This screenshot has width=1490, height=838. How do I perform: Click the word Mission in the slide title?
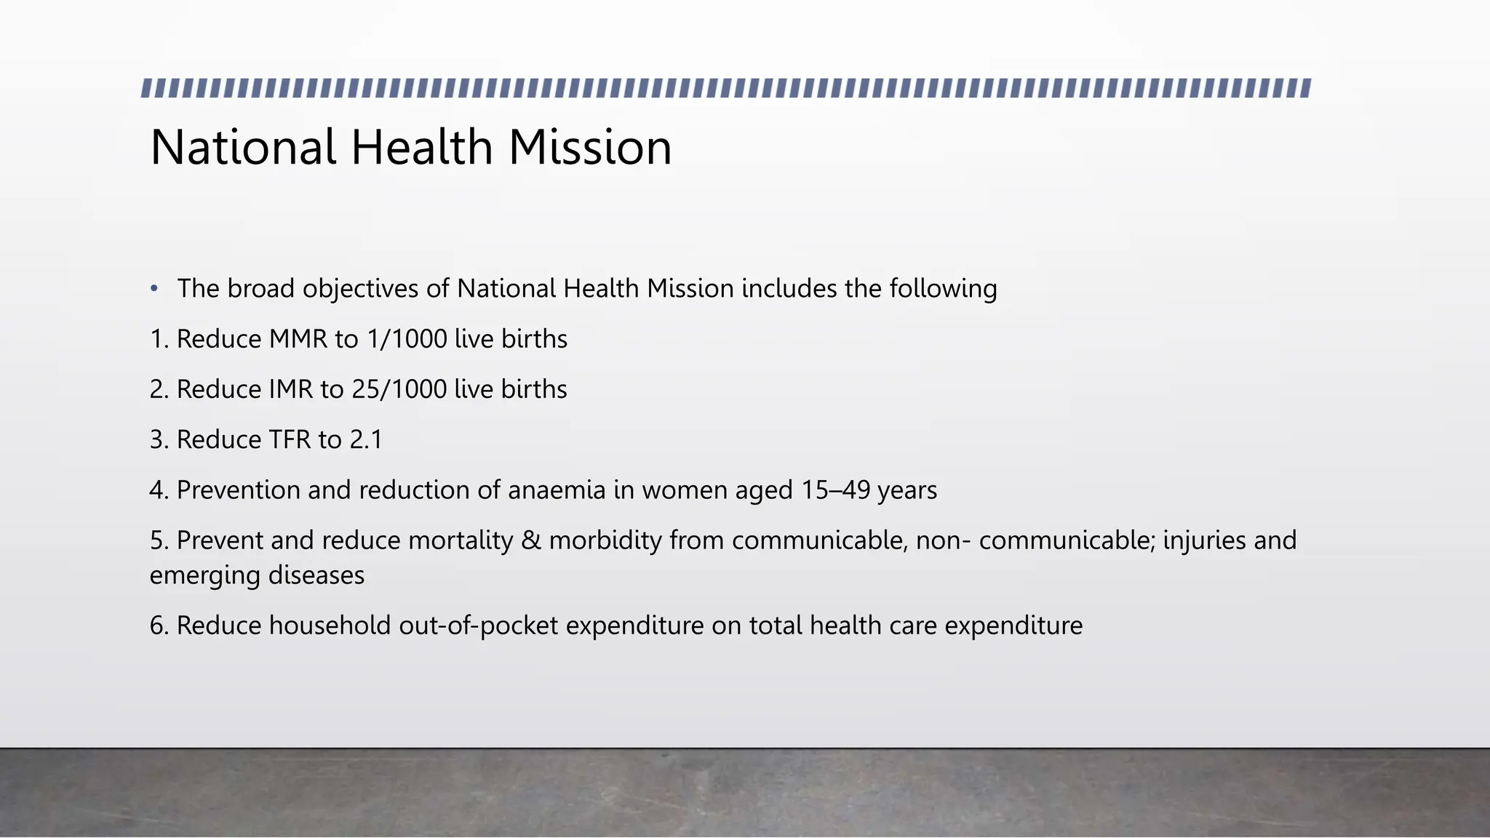[589, 148]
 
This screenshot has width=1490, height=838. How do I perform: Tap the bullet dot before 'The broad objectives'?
[154, 290]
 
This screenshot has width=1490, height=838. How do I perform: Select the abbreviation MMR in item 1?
[298, 340]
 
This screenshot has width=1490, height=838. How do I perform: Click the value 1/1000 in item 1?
[407, 340]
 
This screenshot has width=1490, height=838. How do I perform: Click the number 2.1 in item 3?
[366, 440]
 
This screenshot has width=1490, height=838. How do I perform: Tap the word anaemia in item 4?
[557, 490]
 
